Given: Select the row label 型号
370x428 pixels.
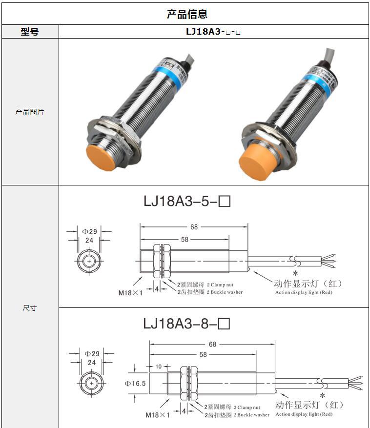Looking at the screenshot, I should point(30,32).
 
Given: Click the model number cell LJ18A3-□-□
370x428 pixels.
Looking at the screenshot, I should point(213,32).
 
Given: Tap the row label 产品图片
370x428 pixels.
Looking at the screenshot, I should point(30,112).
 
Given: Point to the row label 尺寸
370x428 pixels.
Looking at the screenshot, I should point(30,308).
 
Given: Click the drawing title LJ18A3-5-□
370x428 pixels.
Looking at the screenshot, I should point(186,201).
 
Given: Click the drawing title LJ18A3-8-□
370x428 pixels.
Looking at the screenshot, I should point(186,323).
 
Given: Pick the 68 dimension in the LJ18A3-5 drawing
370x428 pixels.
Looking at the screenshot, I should point(194,227).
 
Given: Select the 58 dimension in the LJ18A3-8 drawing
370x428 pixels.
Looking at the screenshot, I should point(203,355).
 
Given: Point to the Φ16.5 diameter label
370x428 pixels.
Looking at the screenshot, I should point(135,384).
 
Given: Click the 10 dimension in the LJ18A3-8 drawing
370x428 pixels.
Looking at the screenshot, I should point(158,366).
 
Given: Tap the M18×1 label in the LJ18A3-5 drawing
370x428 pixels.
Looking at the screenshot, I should point(130,293).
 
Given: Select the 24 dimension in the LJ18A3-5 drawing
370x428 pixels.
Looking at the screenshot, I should point(89,241).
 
